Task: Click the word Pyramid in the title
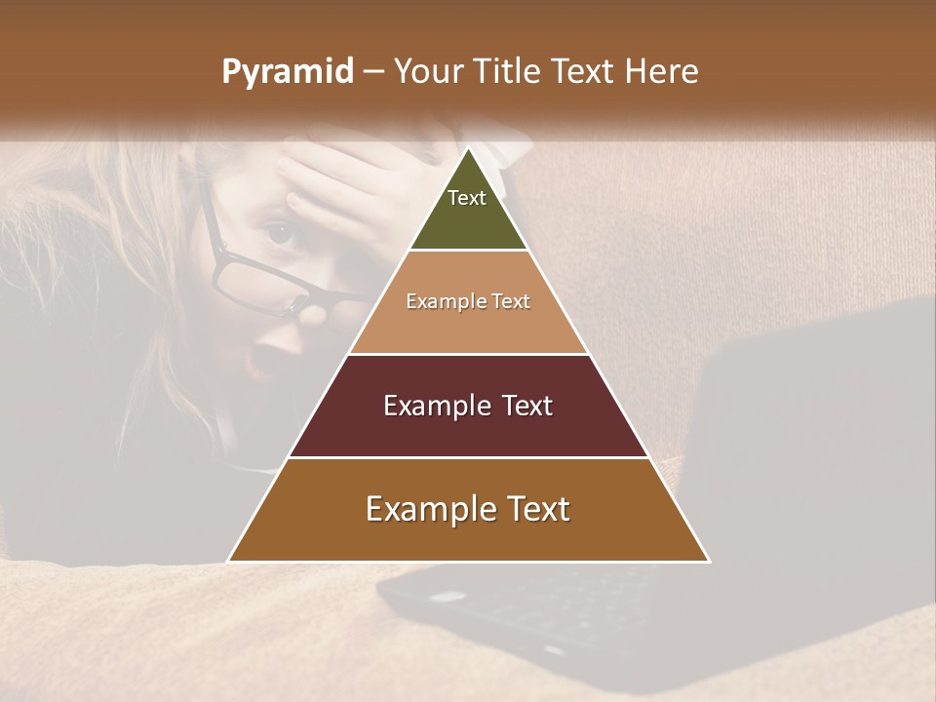[287, 72]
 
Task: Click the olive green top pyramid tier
[468, 210]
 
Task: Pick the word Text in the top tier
[467, 198]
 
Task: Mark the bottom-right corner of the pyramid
[708, 561]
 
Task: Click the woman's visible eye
[280, 233]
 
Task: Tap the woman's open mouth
[262, 360]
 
